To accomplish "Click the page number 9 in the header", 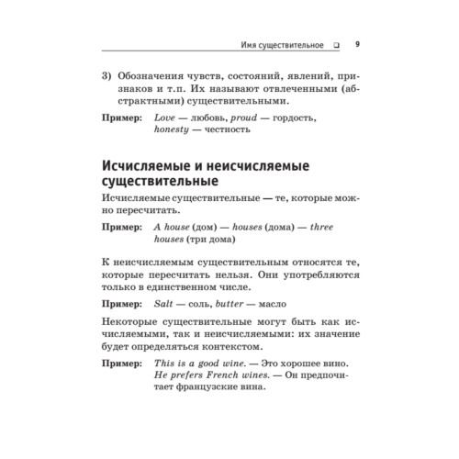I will (357, 42).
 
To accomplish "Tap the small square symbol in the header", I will (337, 43).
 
